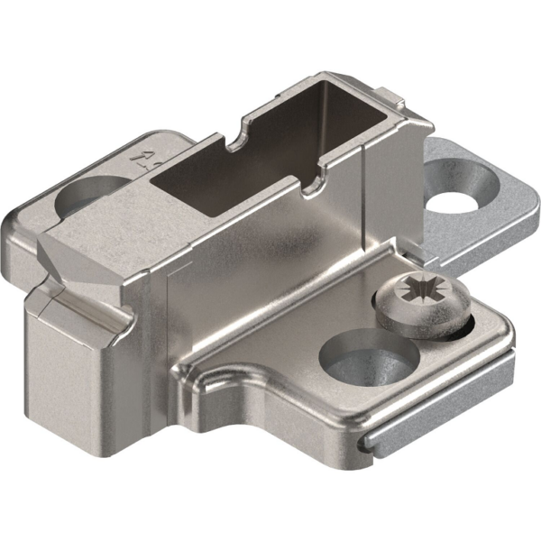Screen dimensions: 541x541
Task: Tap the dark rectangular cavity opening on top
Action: click(243, 176)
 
